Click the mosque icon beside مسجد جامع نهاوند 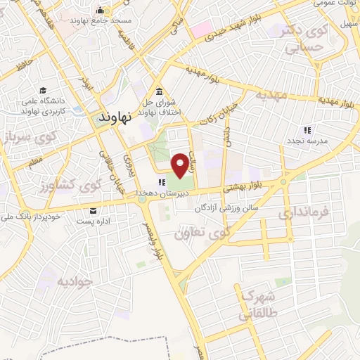coord(101,11)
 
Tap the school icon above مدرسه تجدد coord(307,130)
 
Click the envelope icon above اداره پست coord(94,211)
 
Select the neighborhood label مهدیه coord(272,94)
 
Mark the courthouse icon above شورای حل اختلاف coord(159,92)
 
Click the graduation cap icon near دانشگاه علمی coord(43,90)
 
